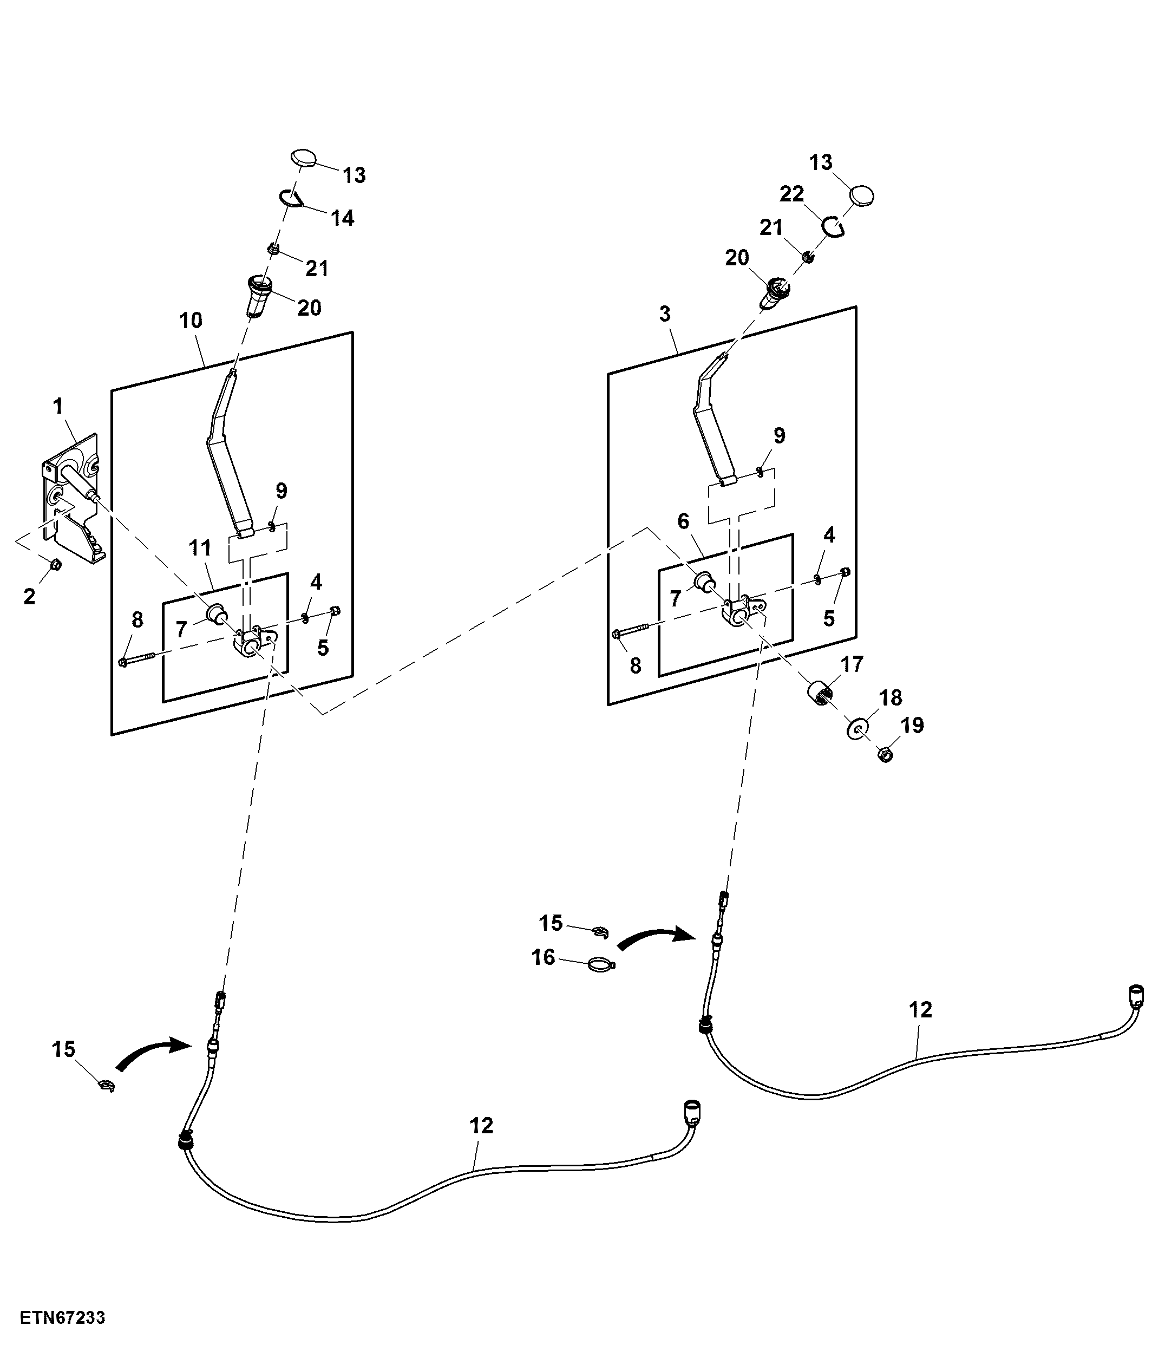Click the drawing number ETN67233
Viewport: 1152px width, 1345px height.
62,1318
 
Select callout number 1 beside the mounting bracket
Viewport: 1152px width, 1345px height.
58,406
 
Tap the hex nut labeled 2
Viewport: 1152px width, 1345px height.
56,564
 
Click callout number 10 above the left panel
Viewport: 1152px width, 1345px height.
191,320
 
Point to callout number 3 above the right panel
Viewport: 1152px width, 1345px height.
665,314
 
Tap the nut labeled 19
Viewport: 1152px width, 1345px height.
884,754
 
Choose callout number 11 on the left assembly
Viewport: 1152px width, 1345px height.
200,548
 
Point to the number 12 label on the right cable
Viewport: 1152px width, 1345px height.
920,1009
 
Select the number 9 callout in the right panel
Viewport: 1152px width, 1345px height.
780,435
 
